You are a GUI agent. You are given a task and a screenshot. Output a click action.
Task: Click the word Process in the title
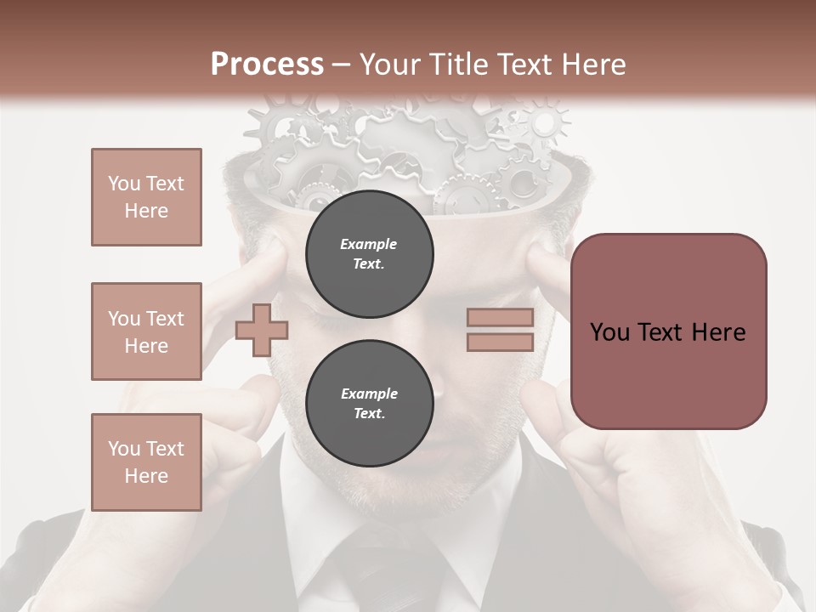pos(267,65)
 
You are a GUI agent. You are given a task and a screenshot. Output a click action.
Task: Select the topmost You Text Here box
pos(146,197)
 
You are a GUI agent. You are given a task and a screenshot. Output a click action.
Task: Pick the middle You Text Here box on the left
pos(146,331)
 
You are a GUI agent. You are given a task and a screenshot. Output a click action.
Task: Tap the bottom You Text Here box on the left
pos(146,462)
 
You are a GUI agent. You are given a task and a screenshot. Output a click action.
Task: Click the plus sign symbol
pos(262,329)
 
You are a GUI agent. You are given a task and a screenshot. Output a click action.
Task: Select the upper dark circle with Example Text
pos(369,254)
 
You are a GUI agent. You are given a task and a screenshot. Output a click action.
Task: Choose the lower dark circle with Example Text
pos(369,404)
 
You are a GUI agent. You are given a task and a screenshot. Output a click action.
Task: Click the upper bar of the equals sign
pos(500,318)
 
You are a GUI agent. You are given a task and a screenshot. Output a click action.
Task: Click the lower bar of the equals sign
pos(500,343)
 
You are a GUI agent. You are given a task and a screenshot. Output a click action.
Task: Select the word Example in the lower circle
pos(369,394)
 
